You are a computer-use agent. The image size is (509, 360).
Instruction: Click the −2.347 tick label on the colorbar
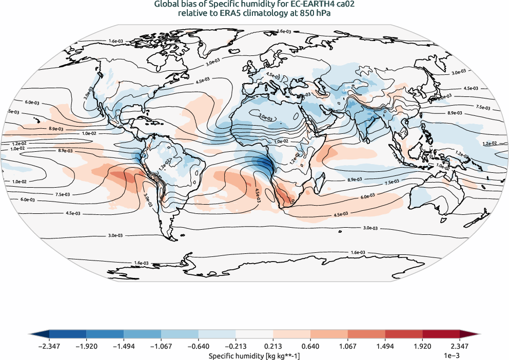[x=50, y=346]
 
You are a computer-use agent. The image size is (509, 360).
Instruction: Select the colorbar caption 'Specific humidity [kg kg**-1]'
[x=254, y=355]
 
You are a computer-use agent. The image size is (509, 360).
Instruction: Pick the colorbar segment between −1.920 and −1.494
[x=105, y=334]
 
